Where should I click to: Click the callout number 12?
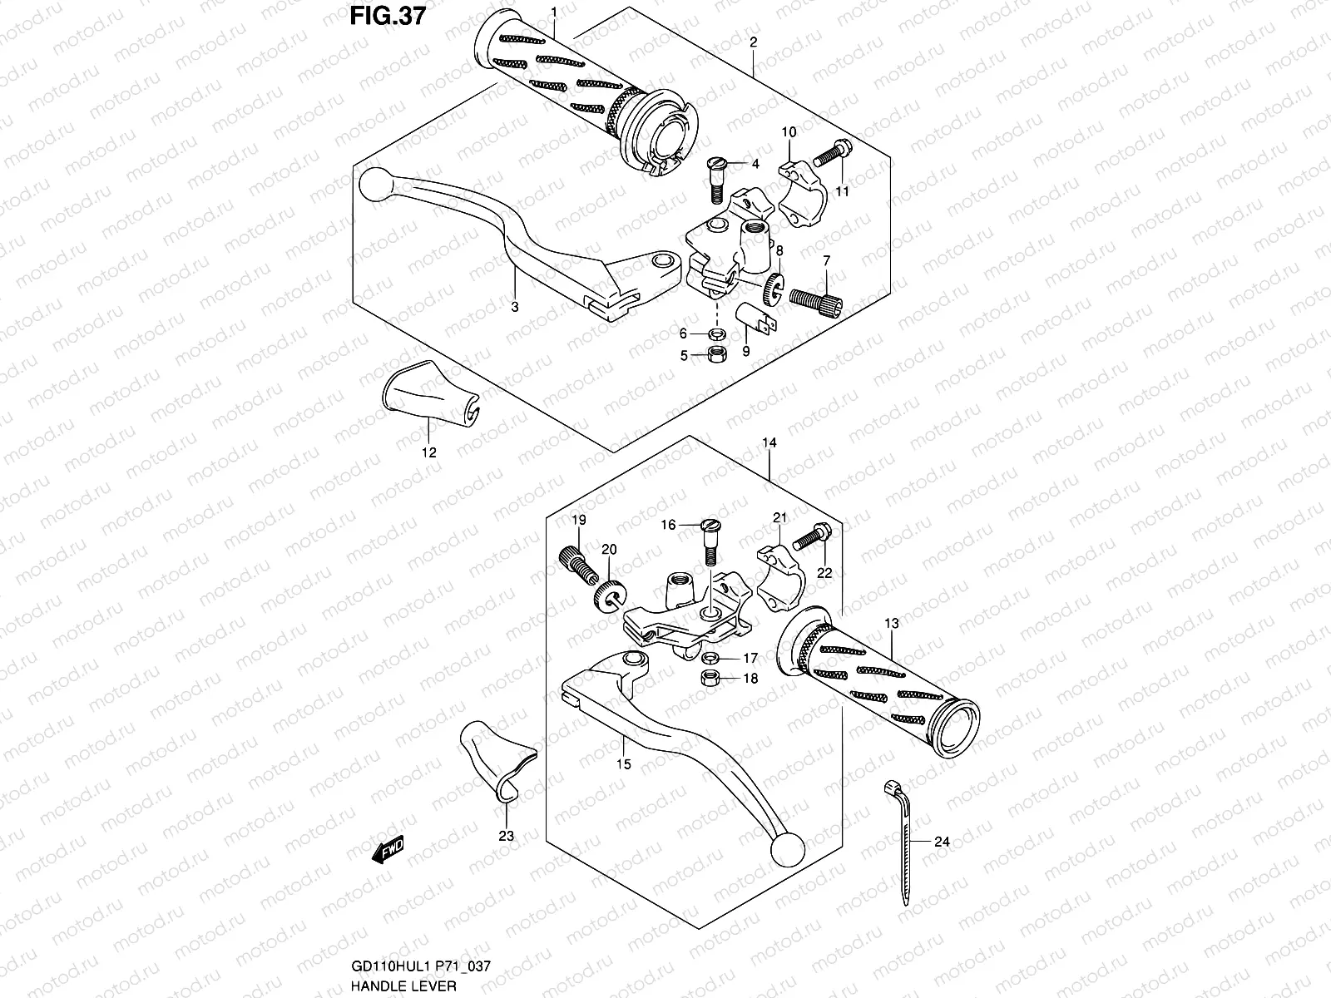429,453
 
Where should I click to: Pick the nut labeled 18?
711,679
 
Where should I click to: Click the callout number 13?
892,622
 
